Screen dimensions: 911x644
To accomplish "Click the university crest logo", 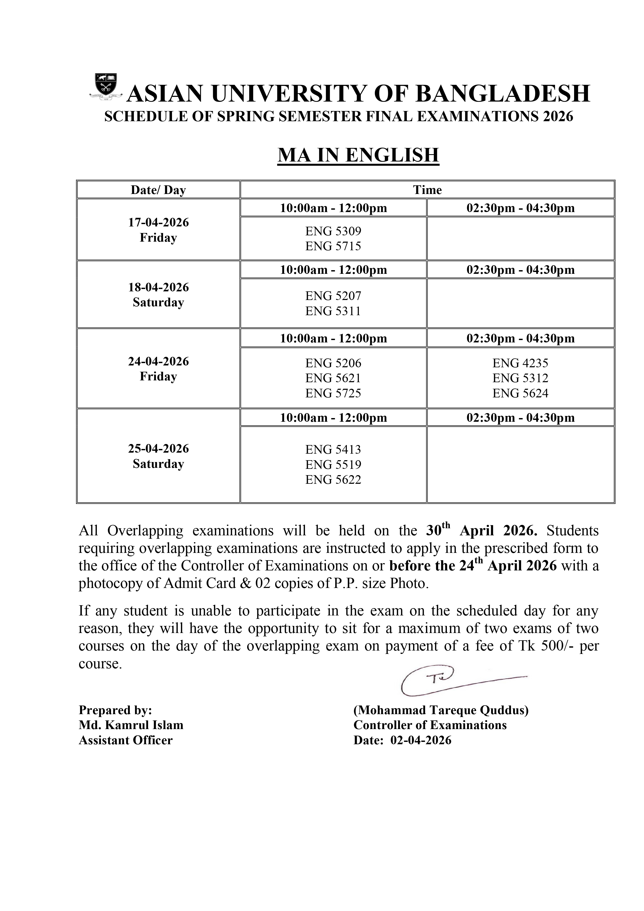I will point(106,85).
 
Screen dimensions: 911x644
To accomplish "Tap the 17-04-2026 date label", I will point(158,222).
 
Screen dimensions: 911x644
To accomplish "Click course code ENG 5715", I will point(333,246).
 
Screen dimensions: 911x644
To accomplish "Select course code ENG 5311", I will point(333,311).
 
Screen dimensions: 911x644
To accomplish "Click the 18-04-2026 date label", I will point(158,287).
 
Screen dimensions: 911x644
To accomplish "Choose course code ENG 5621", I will point(333,378).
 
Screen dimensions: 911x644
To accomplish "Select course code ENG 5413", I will point(333,449).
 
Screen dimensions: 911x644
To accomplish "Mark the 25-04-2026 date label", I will point(158,449).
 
